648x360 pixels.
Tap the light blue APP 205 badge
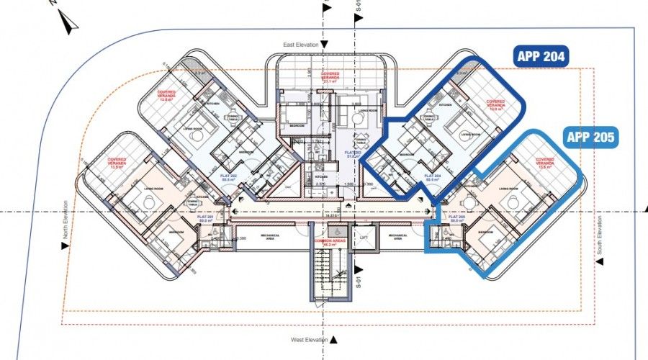click(x=591, y=137)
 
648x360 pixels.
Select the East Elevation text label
click(x=299, y=45)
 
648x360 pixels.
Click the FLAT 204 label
click(x=433, y=176)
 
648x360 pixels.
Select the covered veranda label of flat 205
click(x=545, y=163)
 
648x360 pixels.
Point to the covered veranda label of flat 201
click(x=117, y=163)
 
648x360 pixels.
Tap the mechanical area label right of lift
click(x=398, y=236)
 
